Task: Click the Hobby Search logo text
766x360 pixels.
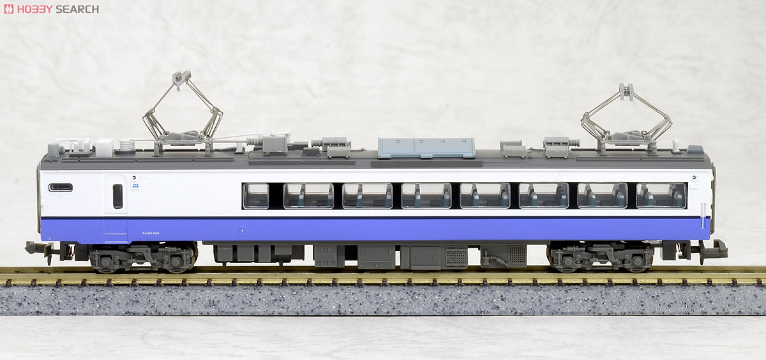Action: tap(57, 9)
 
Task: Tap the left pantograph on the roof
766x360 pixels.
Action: tap(182, 112)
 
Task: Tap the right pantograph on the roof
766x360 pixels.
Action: tap(626, 118)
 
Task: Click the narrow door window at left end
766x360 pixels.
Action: tap(117, 195)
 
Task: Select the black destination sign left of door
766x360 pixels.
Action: tap(61, 187)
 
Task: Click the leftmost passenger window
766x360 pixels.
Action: tap(255, 196)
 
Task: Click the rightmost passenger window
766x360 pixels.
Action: tap(661, 195)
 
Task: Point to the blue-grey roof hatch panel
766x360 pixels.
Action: tap(426, 147)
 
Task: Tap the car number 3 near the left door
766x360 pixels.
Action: tap(135, 177)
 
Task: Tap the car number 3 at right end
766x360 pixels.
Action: tap(693, 177)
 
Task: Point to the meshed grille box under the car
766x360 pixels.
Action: tap(456, 256)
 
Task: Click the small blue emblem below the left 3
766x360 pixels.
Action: tap(135, 186)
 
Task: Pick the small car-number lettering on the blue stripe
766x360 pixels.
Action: tap(151, 234)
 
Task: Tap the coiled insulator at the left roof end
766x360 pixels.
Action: tap(128, 146)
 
